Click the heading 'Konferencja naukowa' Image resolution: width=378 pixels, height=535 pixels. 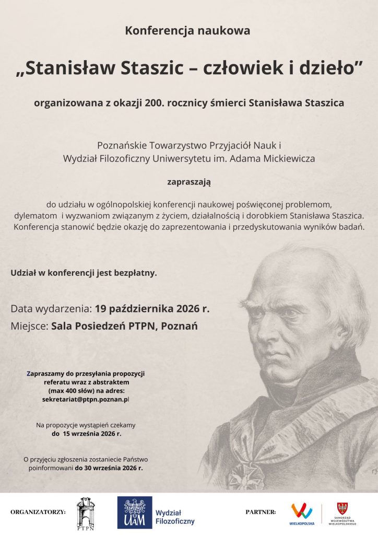pyautogui.click(x=187, y=31)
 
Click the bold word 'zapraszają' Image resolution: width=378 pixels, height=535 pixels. pyautogui.click(x=188, y=182)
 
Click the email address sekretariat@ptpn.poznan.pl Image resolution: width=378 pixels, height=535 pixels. pyautogui.click(x=85, y=399)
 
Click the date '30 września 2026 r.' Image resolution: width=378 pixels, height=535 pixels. pyautogui.click(x=109, y=468)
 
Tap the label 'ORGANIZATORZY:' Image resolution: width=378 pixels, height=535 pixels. pyautogui.click(x=38, y=512)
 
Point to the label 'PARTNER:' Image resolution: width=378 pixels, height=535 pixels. pyautogui.click(x=261, y=512)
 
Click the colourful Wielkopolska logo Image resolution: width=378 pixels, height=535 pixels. pyautogui.click(x=302, y=511)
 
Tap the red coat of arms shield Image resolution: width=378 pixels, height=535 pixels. pyautogui.click(x=342, y=507)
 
